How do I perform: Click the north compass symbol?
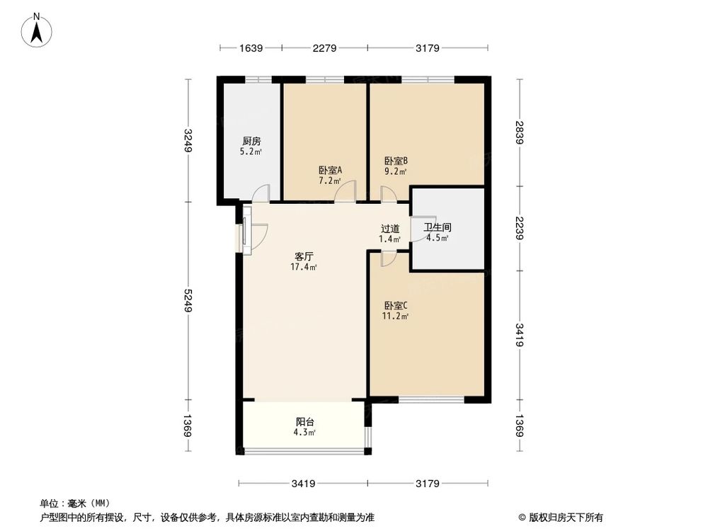click(37, 31)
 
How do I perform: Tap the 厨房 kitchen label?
click(251, 141)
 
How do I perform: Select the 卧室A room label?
click(330, 170)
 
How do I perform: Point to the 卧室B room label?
click(396, 160)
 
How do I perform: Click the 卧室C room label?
click(396, 305)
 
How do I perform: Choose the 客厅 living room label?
click(304, 256)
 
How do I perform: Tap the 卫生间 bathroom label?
click(437, 228)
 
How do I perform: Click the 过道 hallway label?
click(390, 229)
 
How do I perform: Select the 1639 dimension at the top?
click(251, 48)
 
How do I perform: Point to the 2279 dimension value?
click(324, 48)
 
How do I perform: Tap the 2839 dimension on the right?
click(520, 132)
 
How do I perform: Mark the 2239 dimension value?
click(520, 229)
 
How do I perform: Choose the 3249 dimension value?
click(188, 140)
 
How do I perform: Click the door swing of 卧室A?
click(346, 192)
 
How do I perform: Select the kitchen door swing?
click(261, 193)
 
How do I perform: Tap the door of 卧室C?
click(388, 259)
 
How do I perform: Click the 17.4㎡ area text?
click(304, 268)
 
